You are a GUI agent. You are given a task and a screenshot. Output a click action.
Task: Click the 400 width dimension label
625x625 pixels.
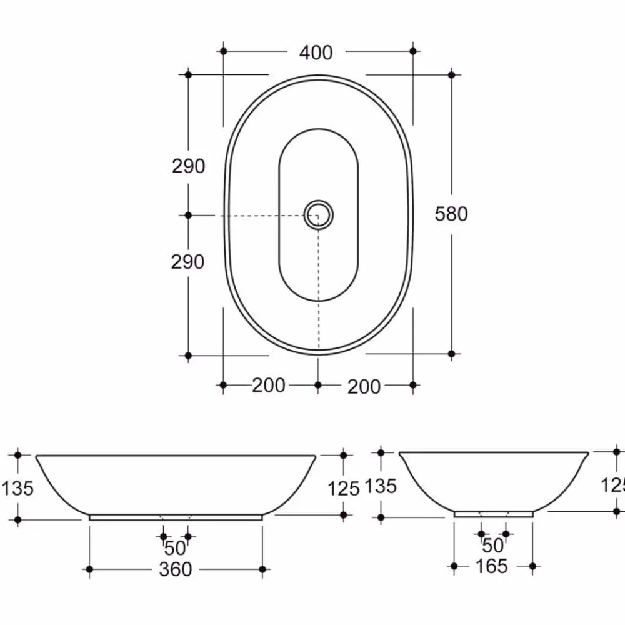(x=316, y=53)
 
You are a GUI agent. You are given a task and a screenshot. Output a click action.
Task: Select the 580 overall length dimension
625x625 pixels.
(x=451, y=214)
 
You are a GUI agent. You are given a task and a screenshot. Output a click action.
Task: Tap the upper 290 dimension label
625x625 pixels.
(x=188, y=166)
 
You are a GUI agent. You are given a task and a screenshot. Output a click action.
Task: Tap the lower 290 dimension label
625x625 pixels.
(x=187, y=262)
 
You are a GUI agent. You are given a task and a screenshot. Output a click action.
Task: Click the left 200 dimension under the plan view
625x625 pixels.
(x=269, y=386)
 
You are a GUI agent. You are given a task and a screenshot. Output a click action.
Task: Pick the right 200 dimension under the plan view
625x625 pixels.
(x=364, y=387)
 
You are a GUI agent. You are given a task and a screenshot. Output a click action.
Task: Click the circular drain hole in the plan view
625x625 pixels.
(x=319, y=216)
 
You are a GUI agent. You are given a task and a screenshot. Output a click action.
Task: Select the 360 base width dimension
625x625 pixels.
(x=176, y=569)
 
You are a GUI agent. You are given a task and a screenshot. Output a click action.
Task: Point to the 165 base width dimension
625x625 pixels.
(x=492, y=566)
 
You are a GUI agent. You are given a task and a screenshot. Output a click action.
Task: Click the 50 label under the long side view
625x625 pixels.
(x=176, y=549)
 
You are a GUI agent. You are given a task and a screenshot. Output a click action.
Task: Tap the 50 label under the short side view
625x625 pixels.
(x=493, y=546)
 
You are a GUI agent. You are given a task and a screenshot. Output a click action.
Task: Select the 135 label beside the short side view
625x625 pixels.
(x=381, y=486)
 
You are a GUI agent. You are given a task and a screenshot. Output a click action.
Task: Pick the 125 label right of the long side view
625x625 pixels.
(x=344, y=489)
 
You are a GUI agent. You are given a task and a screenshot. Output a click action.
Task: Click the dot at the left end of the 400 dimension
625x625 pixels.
(x=223, y=51)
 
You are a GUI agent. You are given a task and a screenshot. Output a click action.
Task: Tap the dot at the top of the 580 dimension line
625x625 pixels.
(x=452, y=74)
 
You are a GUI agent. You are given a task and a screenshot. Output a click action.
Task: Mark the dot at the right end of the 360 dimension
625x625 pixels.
(x=262, y=569)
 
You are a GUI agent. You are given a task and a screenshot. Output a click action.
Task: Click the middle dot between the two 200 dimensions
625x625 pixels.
(x=318, y=385)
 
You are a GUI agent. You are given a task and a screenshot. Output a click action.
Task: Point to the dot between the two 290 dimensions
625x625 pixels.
(x=188, y=215)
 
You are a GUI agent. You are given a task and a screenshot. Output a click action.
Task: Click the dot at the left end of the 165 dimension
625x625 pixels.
(x=454, y=566)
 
